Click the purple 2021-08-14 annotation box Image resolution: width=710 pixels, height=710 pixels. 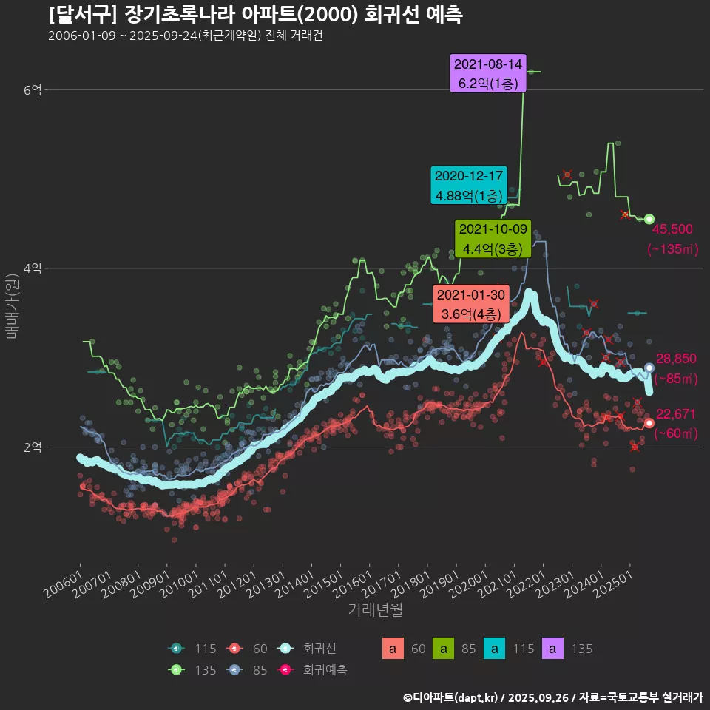coord(488,73)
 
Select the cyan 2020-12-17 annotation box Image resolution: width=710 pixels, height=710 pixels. coord(469,186)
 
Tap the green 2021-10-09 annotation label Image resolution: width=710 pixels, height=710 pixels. coord(491,238)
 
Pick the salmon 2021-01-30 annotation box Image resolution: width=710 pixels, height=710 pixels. coord(470,304)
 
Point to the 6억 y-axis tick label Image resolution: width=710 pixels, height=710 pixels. coord(33,90)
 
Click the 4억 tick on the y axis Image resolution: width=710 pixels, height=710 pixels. coord(33,268)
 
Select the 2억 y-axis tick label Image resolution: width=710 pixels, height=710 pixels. coord(33,447)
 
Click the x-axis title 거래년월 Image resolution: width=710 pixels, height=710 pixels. coord(376,610)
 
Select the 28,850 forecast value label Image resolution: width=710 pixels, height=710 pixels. coord(676,359)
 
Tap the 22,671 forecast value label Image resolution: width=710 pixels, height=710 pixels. coord(676,413)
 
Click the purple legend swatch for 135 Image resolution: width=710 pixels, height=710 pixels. coord(553,649)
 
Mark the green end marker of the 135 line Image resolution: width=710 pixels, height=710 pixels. coord(649,219)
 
